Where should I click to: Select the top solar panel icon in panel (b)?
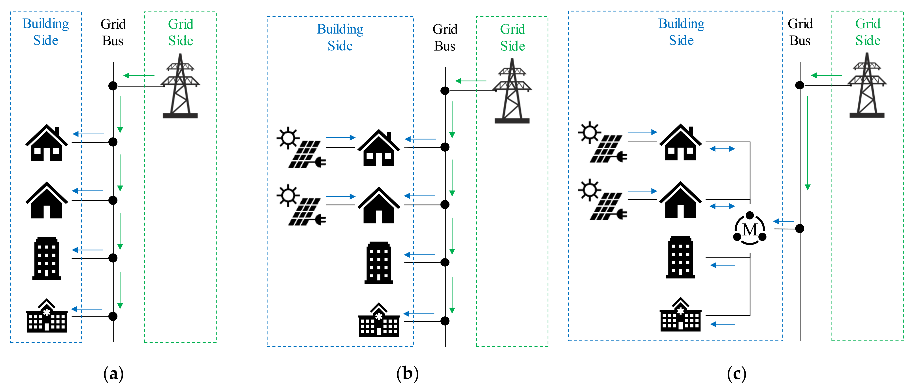click(x=301, y=147)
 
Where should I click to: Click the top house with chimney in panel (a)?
click(x=47, y=143)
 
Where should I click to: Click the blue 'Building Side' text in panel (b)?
click(x=340, y=37)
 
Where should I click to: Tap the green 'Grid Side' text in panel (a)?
click(x=181, y=32)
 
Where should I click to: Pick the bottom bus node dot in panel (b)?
click(x=445, y=321)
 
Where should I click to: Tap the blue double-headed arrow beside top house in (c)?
click(x=722, y=149)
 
